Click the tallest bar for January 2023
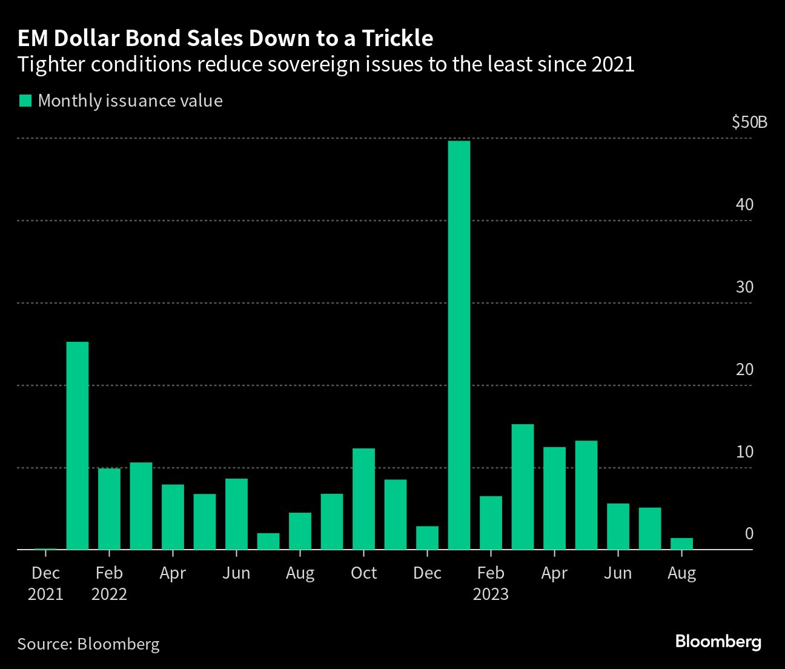(x=459, y=345)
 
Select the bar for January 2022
(x=78, y=445)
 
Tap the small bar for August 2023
(x=681, y=544)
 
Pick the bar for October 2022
(x=363, y=499)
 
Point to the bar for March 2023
(x=523, y=487)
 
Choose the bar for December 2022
(x=427, y=538)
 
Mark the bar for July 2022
(x=268, y=541)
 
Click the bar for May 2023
(x=586, y=495)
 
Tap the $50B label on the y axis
(x=749, y=122)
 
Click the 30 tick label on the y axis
(x=744, y=287)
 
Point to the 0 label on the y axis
(x=749, y=534)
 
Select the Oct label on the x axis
(x=363, y=573)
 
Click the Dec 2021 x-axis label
(x=45, y=583)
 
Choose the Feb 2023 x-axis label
(x=491, y=583)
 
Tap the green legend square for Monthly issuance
(x=25, y=101)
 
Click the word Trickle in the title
(x=398, y=38)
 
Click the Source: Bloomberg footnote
(x=88, y=644)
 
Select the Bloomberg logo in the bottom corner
(x=718, y=642)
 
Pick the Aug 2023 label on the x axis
(x=681, y=573)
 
